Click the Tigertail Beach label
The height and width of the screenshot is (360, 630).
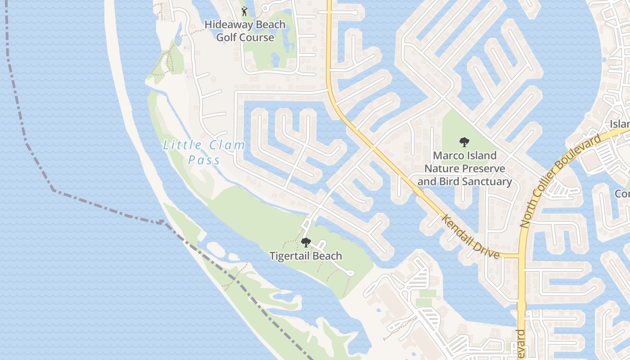[x=306, y=256]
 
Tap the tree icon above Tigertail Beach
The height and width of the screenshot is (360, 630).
[x=306, y=243]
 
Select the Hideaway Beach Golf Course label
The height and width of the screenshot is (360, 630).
[x=245, y=31]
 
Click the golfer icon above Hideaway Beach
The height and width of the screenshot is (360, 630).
[x=244, y=11]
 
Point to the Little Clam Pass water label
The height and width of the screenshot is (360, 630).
[x=204, y=152]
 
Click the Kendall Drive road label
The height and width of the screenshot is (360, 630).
[x=471, y=237]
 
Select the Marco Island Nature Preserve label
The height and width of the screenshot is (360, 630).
[x=464, y=169]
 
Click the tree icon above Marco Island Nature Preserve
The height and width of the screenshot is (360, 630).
[x=464, y=142]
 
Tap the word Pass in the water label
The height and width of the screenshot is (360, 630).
[x=204, y=160]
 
